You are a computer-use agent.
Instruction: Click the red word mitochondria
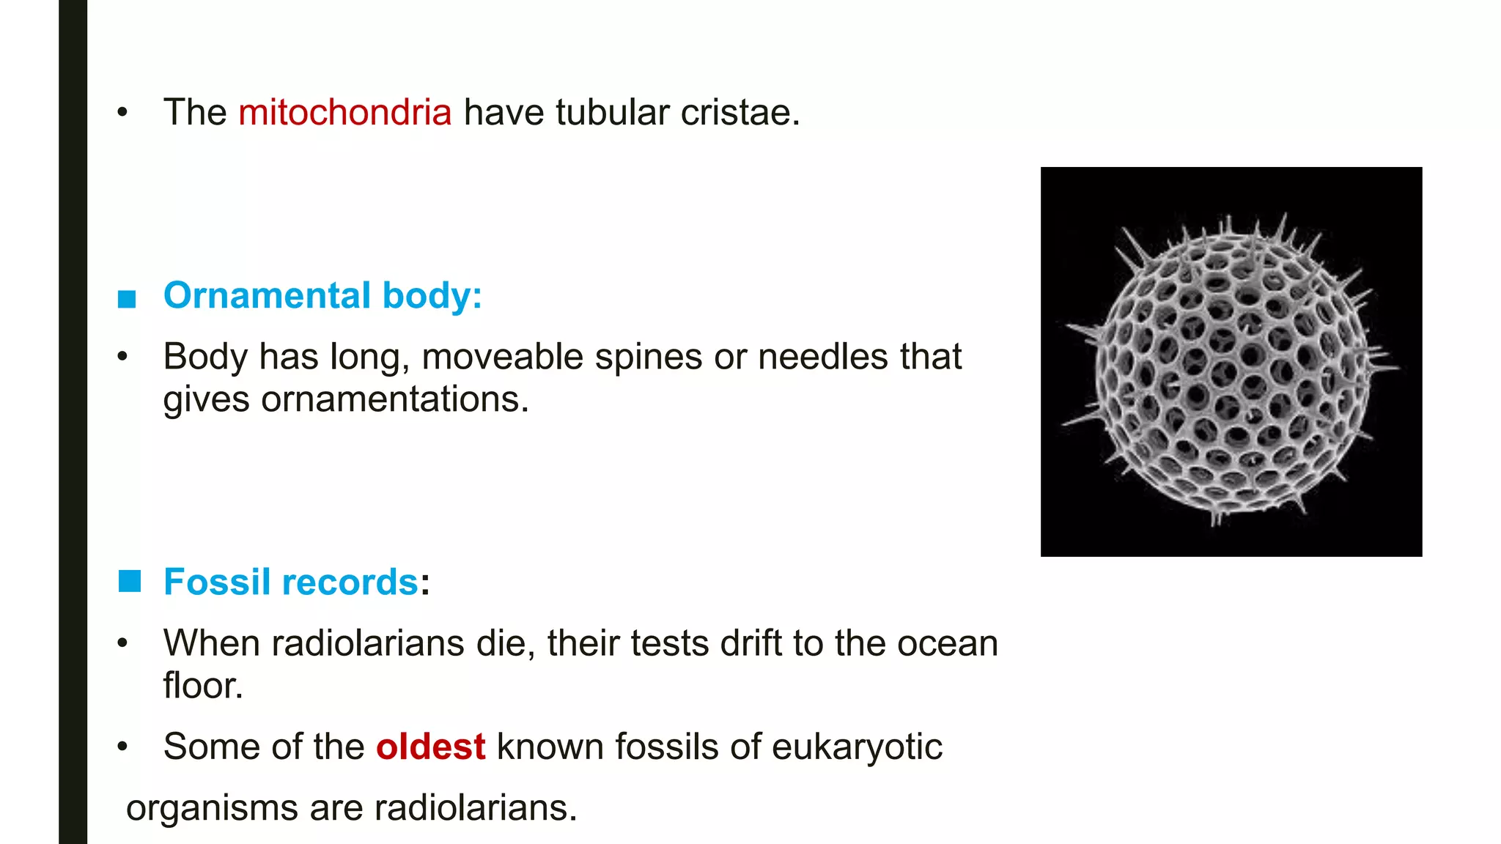(x=344, y=113)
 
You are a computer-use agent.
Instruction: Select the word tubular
(x=613, y=113)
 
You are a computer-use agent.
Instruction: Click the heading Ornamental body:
(x=322, y=296)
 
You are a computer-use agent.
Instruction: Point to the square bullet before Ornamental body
(x=127, y=299)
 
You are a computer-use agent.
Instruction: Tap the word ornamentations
(x=394, y=400)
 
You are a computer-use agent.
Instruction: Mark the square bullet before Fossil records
(x=129, y=582)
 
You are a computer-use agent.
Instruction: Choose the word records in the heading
(x=350, y=582)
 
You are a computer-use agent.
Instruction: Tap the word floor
(x=202, y=686)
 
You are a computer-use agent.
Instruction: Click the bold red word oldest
(x=430, y=747)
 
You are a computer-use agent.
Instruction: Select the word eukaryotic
(x=857, y=747)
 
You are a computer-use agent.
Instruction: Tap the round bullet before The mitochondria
(x=122, y=113)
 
